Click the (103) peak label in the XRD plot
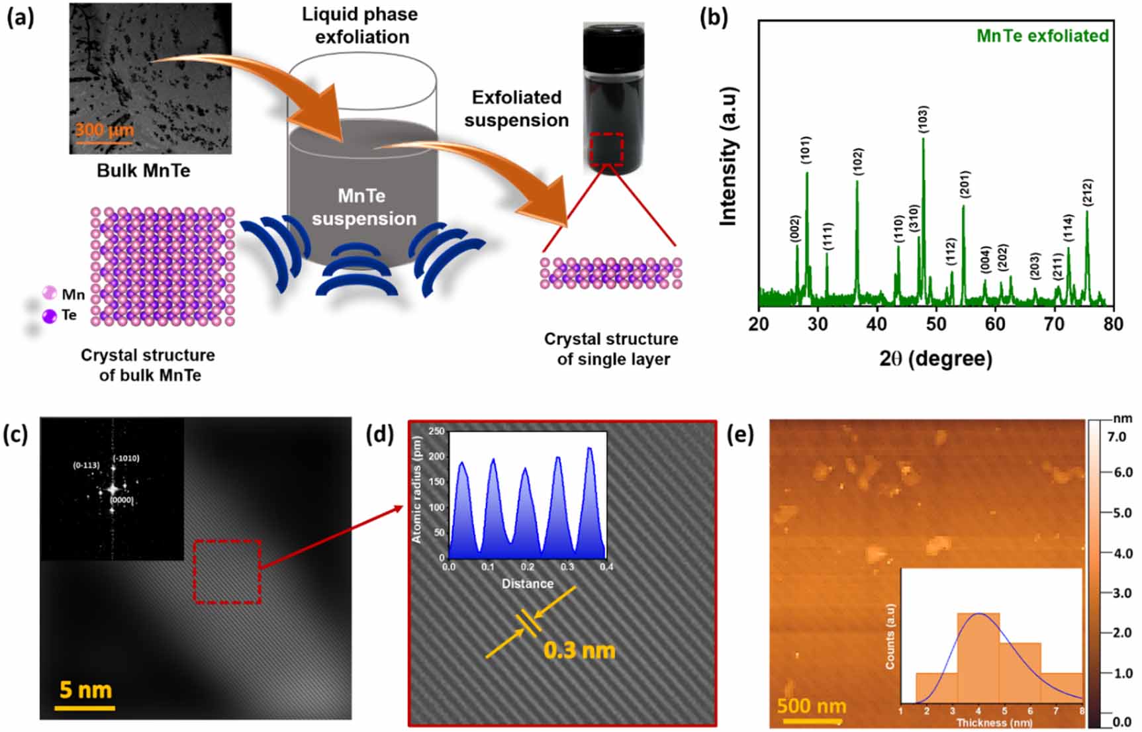(923, 119)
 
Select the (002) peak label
(796, 228)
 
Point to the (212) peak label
(1087, 193)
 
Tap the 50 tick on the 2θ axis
(936, 324)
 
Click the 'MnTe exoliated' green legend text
(1043, 36)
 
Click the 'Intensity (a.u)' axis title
(728, 156)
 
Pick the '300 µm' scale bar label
(104, 129)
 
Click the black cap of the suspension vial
(613, 40)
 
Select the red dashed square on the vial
(606, 150)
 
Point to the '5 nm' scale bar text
(85, 690)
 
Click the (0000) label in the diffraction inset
(122, 500)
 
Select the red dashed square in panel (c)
(227, 572)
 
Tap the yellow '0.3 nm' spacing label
(579, 651)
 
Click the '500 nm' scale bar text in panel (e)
(812, 706)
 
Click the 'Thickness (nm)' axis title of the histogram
(994, 723)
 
